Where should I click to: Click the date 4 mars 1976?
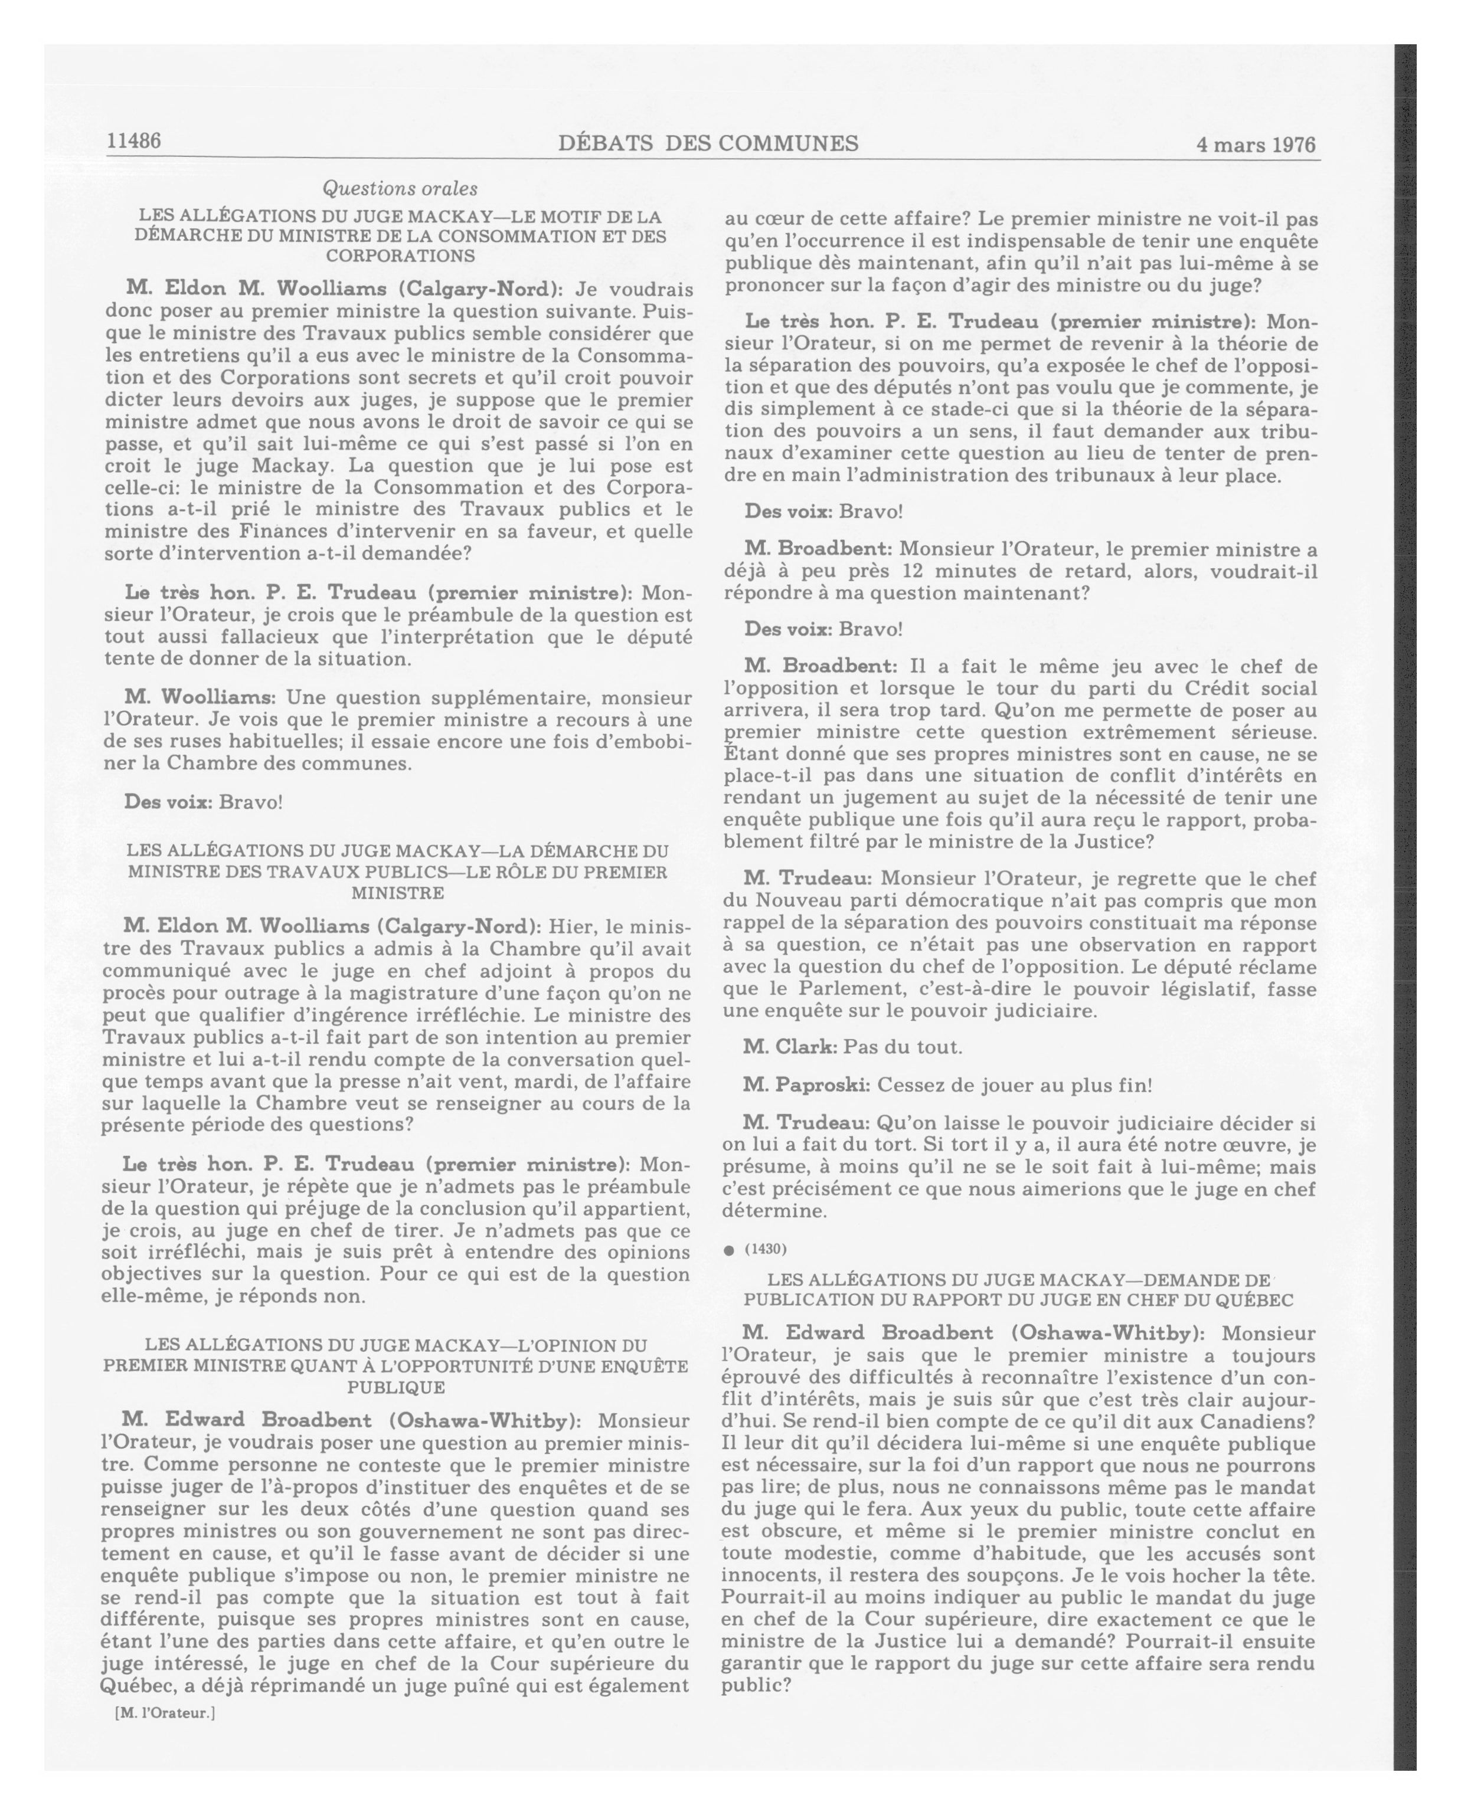[x=1255, y=145]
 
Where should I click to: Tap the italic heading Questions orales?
[x=400, y=189]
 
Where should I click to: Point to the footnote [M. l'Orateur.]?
[x=165, y=1712]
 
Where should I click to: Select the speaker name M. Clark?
[x=790, y=1047]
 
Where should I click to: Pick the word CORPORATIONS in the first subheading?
[x=400, y=256]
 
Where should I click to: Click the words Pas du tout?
[x=903, y=1047]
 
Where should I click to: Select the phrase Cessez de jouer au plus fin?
[x=1014, y=1085]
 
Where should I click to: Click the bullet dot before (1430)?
[x=728, y=1250]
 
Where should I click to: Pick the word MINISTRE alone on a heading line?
[x=397, y=892]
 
